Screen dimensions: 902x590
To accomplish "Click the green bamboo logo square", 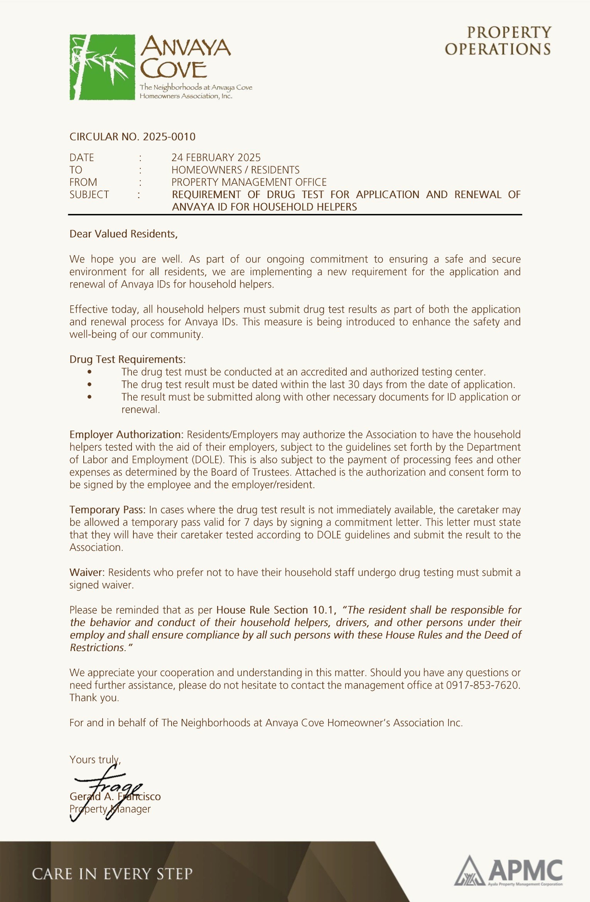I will point(102,67).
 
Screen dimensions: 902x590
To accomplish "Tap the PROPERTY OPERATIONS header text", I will point(498,41).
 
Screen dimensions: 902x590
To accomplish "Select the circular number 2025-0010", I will point(169,137).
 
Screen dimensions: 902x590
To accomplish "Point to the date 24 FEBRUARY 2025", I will point(216,158).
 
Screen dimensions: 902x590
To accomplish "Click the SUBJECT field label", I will point(89,195).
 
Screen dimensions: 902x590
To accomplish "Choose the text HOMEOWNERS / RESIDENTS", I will point(235,170).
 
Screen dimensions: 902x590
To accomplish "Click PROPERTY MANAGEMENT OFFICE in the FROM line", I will point(249,182).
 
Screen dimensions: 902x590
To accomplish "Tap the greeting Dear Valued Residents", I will point(123,234).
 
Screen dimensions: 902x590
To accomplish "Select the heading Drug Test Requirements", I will point(127,359).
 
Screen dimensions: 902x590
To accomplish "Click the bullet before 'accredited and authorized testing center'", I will point(89,372).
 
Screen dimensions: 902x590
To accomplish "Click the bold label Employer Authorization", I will point(126,435).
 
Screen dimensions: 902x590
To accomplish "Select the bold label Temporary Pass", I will point(107,510).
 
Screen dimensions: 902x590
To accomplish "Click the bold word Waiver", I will point(87,572).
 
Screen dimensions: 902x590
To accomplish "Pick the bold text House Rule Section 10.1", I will point(276,610).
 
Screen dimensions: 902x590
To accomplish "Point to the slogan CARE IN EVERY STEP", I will point(112,874).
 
